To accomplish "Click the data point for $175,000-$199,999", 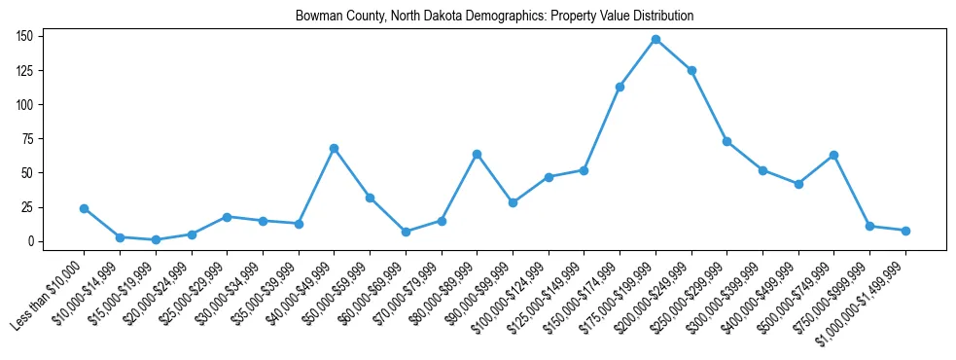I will (655, 39).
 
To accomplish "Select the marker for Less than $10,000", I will (84, 208).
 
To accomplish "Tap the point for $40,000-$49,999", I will (334, 148).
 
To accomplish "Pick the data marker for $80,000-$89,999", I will (477, 154).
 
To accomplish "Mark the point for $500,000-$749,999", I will (833, 155).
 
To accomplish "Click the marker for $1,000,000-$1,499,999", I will (905, 231).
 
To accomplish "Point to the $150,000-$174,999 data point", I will (620, 87).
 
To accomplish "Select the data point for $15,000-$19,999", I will (156, 239).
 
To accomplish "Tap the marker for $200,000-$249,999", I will (691, 70).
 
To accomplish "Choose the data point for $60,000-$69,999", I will (406, 232).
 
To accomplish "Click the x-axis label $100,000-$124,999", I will (516, 293).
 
